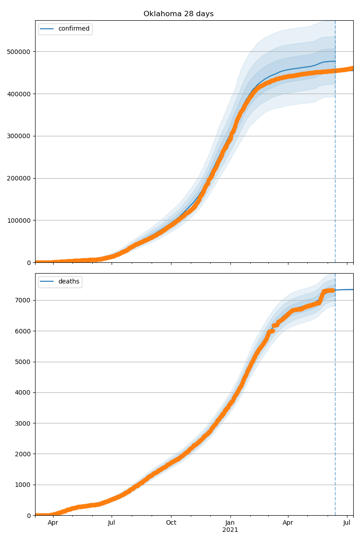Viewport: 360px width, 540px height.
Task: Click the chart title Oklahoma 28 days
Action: point(178,14)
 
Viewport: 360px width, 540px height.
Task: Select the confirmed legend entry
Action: point(73,29)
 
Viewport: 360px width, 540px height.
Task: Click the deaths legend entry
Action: point(68,282)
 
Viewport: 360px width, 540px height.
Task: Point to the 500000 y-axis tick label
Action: point(19,52)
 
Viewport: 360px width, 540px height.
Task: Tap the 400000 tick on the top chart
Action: point(19,94)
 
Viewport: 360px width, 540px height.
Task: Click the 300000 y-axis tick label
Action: point(19,136)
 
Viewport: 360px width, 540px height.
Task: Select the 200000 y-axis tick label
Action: point(19,178)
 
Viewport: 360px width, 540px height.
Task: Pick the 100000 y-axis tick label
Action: point(19,220)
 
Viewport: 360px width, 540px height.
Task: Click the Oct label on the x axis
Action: point(171,523)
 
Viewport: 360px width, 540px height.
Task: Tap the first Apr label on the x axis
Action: point(53,523)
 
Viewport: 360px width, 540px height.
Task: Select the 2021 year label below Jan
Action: point(230,530)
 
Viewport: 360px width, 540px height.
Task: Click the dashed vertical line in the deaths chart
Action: point(335,405)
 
